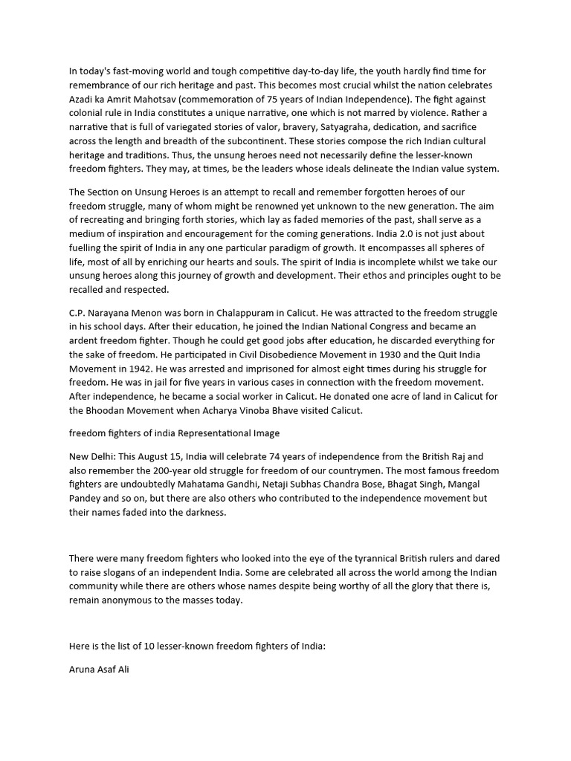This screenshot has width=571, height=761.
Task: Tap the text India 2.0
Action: (396, 233)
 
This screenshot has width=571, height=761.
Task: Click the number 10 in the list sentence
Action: (143, 647)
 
